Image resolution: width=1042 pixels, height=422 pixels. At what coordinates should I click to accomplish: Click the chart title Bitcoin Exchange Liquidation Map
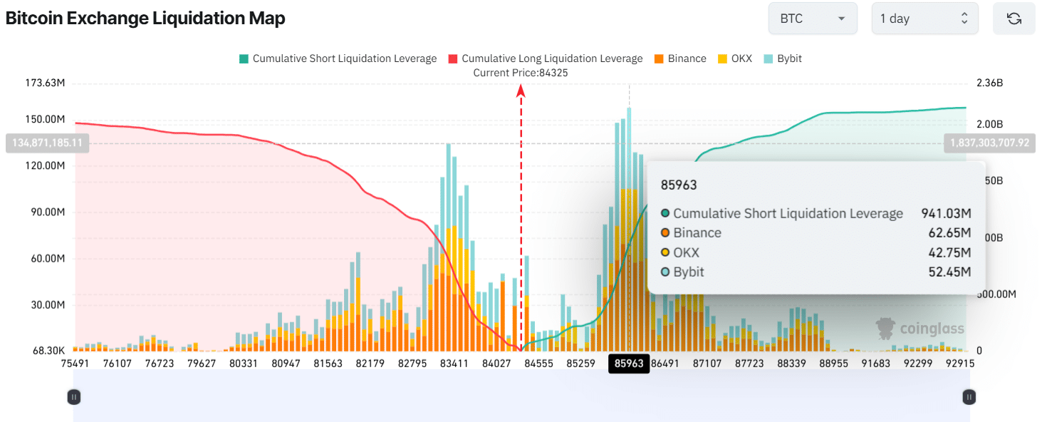[x=145, y=19]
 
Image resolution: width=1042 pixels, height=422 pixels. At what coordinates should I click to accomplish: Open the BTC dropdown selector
[x=812, y=19]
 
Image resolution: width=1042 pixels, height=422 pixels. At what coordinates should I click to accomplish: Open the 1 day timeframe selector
[x=924, y=19]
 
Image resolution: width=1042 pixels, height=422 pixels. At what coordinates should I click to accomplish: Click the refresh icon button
[x=1014, y=19]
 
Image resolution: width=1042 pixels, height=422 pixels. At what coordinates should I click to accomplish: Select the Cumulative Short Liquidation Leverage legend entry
[x=338, y=58]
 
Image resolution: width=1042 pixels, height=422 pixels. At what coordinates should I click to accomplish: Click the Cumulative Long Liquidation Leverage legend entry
[x=545, y=58]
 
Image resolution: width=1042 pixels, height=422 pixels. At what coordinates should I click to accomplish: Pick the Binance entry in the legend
[x=679, y=58]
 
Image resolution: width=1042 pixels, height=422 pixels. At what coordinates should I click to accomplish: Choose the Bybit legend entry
[x=783, y=58]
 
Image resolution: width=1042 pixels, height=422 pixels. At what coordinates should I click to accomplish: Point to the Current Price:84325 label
[x=521, y=73]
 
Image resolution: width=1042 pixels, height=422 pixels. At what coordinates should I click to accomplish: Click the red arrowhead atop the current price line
[x=521, y=89]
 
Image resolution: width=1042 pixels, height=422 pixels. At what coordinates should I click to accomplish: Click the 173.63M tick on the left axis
[x=45, y=83]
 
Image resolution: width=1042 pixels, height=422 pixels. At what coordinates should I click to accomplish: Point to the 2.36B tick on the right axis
[x=989, y=83]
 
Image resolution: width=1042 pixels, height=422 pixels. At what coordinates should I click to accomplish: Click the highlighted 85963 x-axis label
[x=629, y=364]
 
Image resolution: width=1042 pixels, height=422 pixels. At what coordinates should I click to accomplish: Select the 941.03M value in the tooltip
[x=947, y=213]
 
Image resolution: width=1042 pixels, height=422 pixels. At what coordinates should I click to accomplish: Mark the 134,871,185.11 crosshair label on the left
[x=44, y=143]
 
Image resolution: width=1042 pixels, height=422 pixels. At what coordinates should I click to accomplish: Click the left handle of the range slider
[x=73, y=397]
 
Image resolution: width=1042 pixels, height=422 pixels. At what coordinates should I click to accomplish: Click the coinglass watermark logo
[x=920, y=329]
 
